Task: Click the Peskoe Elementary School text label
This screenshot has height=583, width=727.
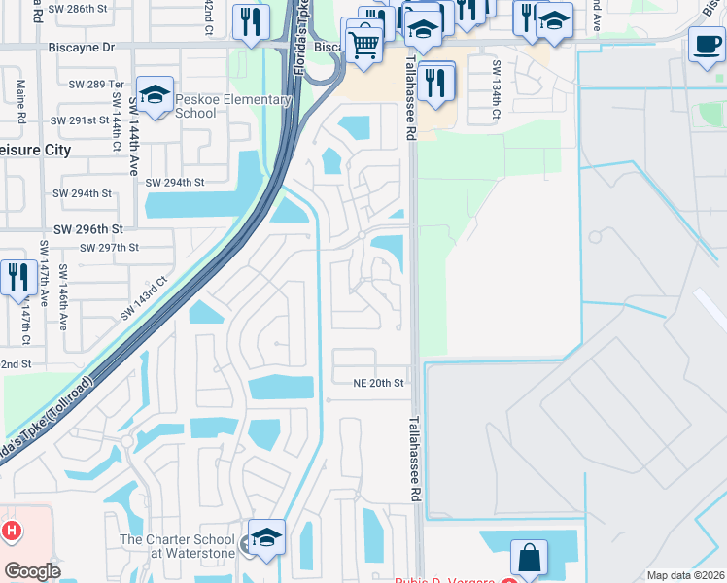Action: point(233,106)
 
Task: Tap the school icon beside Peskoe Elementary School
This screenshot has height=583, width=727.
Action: point(156,95)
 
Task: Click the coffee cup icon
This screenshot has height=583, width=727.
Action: point(707,44)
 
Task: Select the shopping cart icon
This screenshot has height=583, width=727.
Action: point(363,44)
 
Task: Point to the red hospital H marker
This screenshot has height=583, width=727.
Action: point(12,531)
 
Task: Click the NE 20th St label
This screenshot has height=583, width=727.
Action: point(378,383)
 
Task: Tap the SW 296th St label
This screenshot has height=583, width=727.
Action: point(88,229)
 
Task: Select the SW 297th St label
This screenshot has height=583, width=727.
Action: point(109,248)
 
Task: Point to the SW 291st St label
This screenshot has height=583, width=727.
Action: point(83,120)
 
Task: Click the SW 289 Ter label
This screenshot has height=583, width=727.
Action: point(91,85)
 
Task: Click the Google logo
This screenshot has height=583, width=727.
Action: point(32,570)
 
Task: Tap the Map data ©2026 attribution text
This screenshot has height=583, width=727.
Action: point(685,575)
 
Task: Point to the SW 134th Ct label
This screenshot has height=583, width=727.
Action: point(496,88)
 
